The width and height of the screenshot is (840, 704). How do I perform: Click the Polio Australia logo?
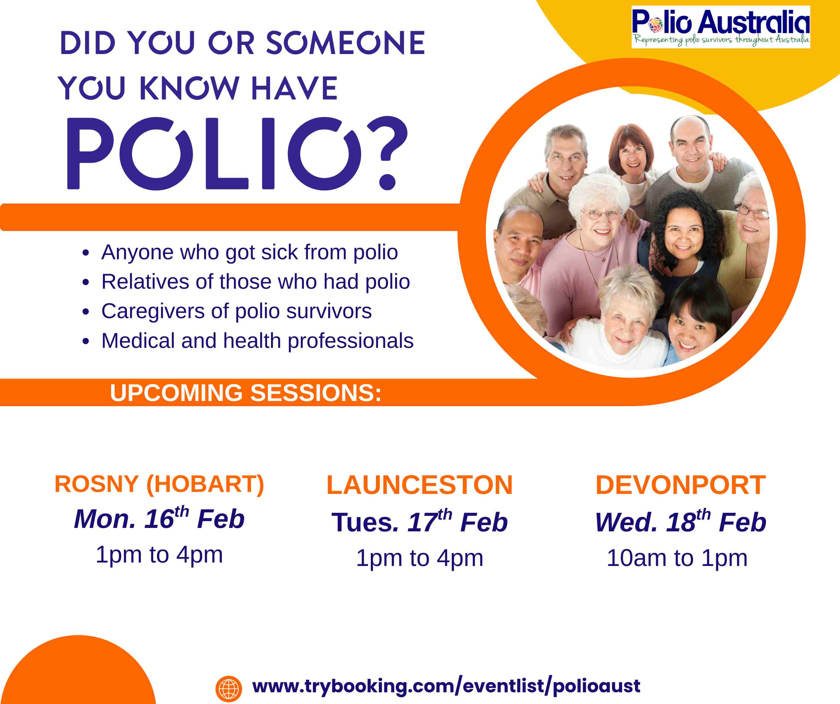pos(721,27)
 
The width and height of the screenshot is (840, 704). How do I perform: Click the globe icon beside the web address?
pos(228,689)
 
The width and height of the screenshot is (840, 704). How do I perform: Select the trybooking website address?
pos(446,686)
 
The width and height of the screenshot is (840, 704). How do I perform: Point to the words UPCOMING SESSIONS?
pos(246,393)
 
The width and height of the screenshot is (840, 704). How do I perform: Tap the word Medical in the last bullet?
pos(138,341)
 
